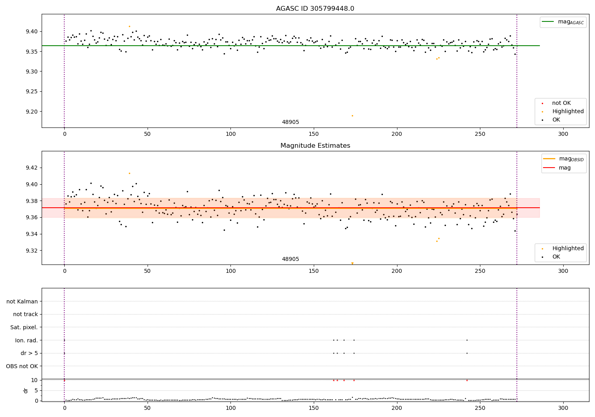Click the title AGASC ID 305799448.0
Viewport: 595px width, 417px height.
click(x=315, y=9)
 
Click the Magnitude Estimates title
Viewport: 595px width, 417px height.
click(x=315, y=146)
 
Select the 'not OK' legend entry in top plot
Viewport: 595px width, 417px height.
click(x=561, y=103)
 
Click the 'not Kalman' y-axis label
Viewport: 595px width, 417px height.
click(x=22, y=301)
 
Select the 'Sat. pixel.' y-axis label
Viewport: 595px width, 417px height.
click(x=24, y=327)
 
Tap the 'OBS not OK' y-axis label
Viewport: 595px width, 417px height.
click(x=22, y=366)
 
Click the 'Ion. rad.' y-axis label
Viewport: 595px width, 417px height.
click(x=27, y=340)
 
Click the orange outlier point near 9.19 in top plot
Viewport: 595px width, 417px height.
click(x=352, y=116)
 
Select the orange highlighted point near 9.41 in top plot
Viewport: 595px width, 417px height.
click(x=129, y=26)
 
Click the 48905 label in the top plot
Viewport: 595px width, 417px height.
click(x=290, y=122)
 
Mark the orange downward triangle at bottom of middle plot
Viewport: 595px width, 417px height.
click(x=352, y=263)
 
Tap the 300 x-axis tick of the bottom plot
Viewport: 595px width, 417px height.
click(x=563, y=408)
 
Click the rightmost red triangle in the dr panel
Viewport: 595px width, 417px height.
click(x=467, y=380)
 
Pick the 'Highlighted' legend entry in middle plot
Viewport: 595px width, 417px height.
click(x=568, y=248)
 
